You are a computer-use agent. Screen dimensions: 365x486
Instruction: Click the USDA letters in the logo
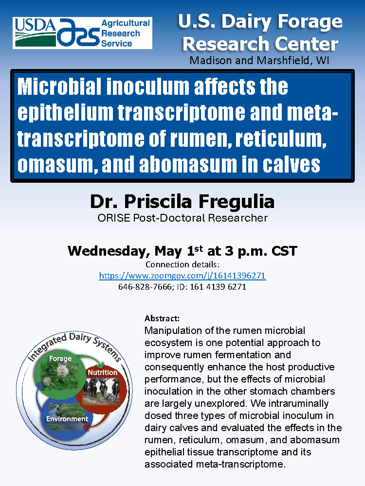35,25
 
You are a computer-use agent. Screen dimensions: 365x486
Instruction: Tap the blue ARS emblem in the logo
78,32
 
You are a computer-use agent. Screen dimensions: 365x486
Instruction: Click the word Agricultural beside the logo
126,23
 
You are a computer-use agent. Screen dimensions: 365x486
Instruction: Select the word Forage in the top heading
310,22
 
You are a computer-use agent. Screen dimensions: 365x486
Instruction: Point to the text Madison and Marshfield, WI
259,60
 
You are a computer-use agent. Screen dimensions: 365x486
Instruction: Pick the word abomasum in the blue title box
187,164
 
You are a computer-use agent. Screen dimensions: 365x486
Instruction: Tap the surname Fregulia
237,202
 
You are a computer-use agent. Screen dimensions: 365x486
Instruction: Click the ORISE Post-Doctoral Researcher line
182,218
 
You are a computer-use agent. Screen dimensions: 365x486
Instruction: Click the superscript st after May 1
199,248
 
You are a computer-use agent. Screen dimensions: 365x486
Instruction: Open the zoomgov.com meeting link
182,276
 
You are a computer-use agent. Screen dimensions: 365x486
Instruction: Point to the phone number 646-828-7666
145,287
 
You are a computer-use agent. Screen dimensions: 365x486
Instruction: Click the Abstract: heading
162,318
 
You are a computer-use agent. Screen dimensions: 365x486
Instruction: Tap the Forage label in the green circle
60,359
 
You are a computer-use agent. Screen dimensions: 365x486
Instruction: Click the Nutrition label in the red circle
102,373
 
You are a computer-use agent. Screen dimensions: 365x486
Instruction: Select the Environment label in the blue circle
67,419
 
